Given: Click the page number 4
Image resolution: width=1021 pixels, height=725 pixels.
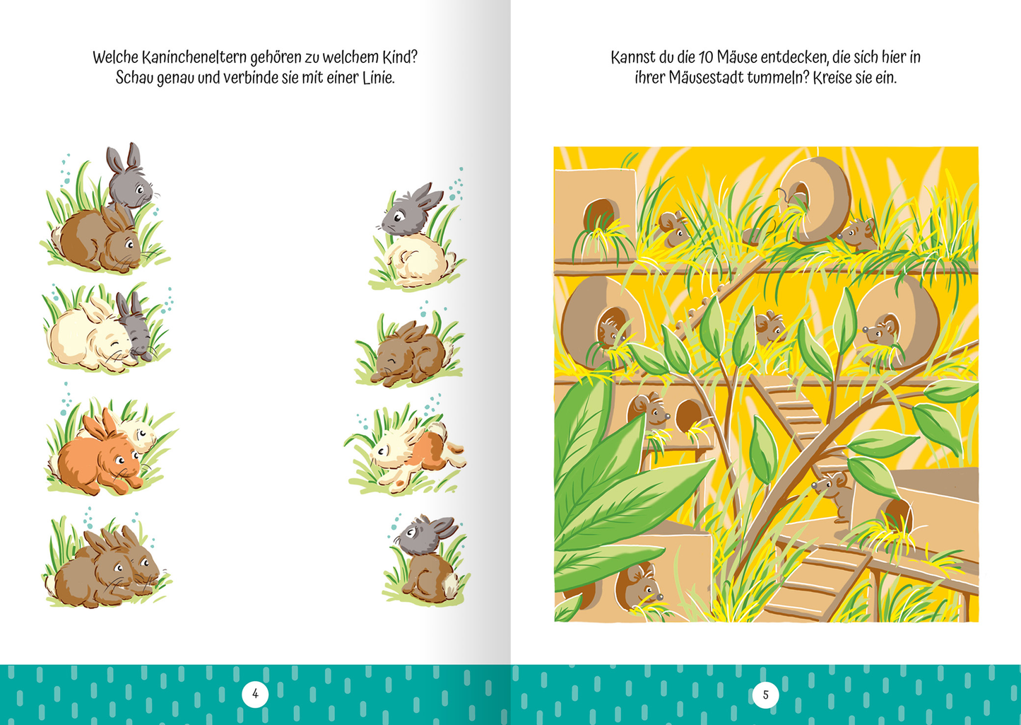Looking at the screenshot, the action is [x=255, y=694].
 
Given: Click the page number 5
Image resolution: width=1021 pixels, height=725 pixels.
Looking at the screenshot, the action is [x=766, y=695].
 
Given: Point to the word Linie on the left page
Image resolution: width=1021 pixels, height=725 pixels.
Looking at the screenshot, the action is [x=378, y=78].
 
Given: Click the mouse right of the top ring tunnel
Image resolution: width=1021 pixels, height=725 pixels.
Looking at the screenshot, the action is [x=857, y=235].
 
